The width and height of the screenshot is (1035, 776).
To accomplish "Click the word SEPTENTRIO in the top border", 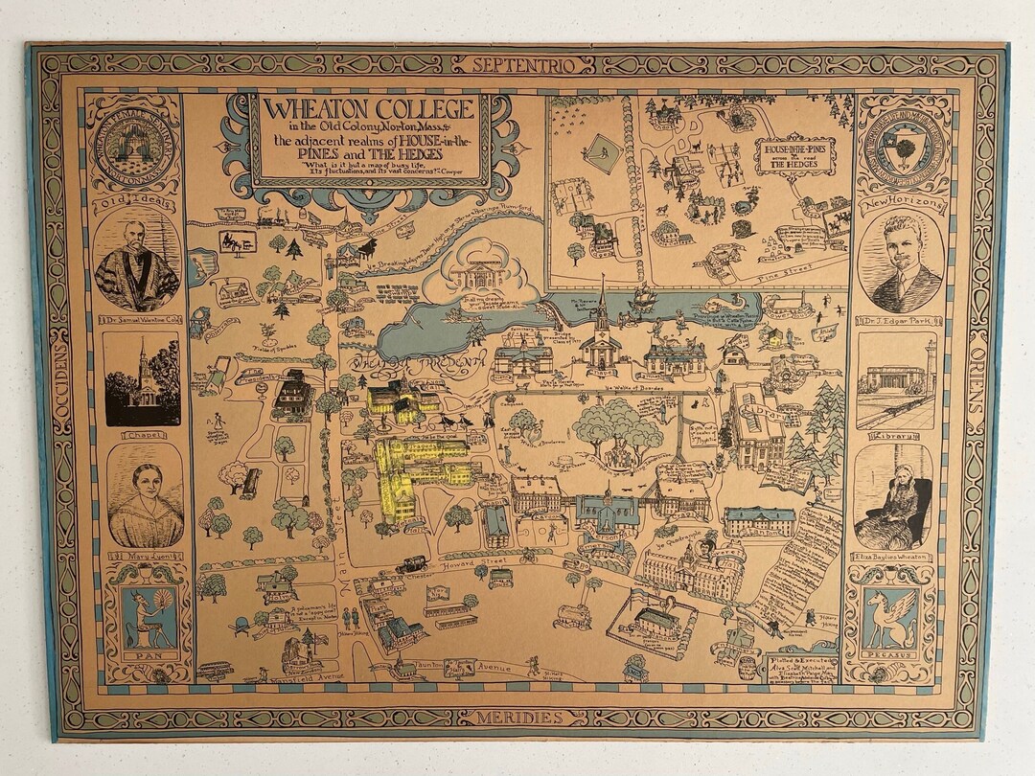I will (x=522, y=65).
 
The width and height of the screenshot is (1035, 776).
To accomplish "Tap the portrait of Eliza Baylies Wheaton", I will (x=892, y=496).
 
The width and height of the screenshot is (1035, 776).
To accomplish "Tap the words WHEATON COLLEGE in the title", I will (x=369, y=108).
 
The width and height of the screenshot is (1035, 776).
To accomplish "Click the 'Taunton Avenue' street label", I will (x=479, y=665).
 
